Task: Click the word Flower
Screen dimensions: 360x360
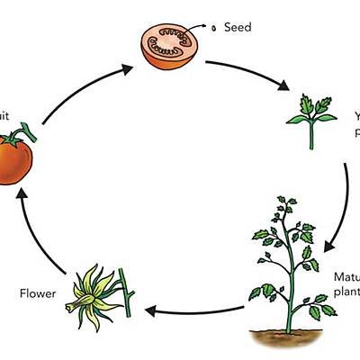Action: [37, 292]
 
